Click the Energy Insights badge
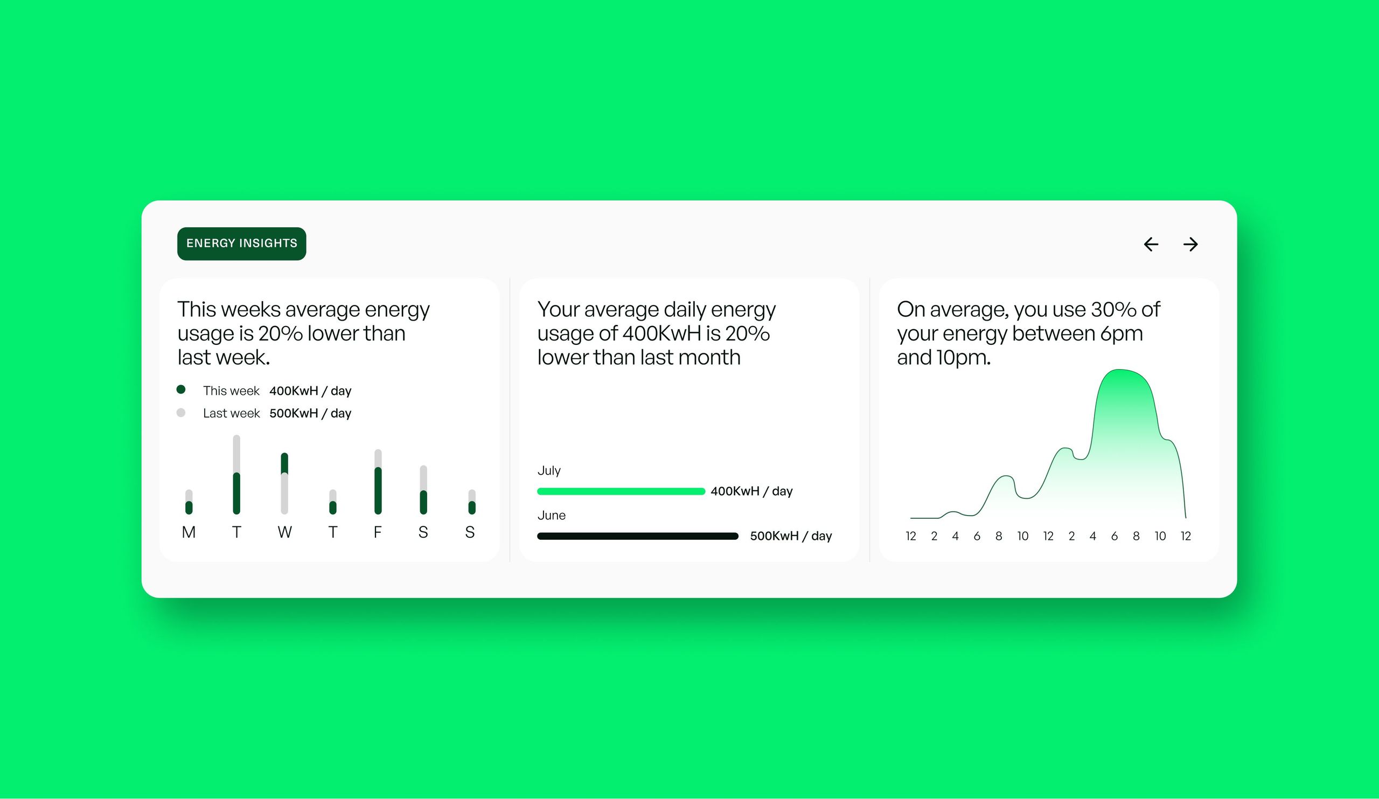click(x=241, y=244)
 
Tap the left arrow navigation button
click(x=1151, y=244)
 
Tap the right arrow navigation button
click(x=1190, y=244)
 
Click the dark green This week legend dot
click(x=181, y=390)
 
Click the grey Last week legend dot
click(x=181, y=413)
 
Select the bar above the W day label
click(x=284, y=483)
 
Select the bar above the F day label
click(x=378, y=482)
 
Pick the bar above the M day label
click(x=189, y=502)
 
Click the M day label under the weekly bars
click(x=189, y=532)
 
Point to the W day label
click(x=284, y=532)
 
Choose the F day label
click(x=378, y=532)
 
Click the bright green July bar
click(x=621, y=491)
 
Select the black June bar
click(x=638, y=536)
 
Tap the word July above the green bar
click(x=549, y=471)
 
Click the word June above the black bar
click(x=552, y=515)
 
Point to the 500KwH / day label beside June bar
click(x=791, y=536)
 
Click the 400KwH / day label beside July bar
click(x=751, y=491)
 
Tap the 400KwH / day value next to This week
click(x=310, y=391)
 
